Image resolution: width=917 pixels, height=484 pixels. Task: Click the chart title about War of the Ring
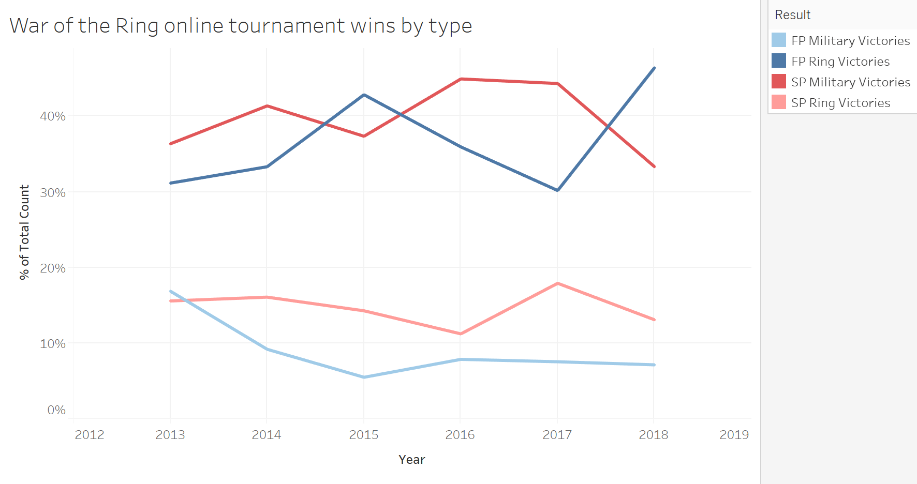(241, 26)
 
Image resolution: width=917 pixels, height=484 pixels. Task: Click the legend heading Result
(792, 15)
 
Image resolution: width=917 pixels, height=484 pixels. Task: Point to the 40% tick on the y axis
(53, 116)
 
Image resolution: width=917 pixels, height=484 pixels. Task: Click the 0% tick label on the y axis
(56, 410)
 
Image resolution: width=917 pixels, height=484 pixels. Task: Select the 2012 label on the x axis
(90, 435)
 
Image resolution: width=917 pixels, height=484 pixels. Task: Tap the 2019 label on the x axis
(734, 435)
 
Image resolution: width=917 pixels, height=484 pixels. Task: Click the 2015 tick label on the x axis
(364, 435)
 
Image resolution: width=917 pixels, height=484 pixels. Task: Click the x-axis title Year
(411, 460)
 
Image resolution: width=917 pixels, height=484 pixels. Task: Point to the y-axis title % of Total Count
(24, 232)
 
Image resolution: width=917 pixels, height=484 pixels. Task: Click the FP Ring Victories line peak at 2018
(654, 68)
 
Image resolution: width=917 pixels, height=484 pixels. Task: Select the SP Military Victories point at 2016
(461, 79)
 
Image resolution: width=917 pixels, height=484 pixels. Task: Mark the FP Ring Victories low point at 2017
(557, 190)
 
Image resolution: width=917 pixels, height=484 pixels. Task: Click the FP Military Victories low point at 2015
(364, 377)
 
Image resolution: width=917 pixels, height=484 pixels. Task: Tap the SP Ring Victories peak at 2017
(557, 283)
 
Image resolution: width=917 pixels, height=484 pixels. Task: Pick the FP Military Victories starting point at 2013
(171, 292)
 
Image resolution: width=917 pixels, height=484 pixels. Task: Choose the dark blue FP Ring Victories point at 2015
(364, 95)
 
